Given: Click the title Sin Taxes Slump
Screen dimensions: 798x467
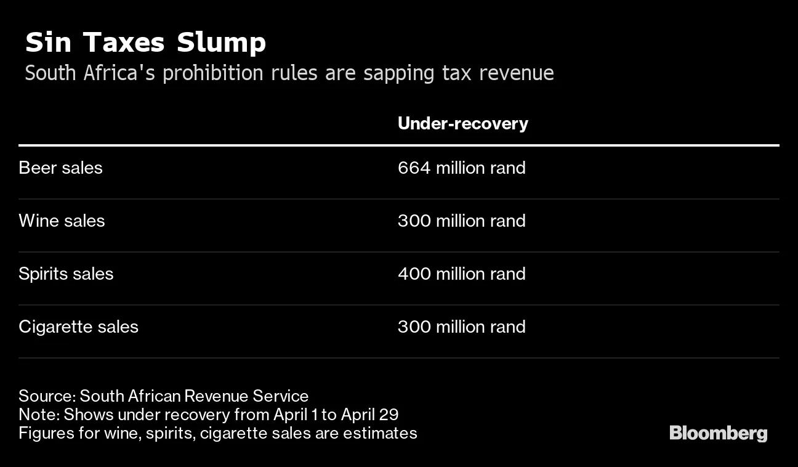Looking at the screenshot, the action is coord(146,43).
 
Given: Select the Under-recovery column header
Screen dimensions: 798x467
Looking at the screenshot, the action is coord(463,124).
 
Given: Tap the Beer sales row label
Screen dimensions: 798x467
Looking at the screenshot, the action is coord(60,168).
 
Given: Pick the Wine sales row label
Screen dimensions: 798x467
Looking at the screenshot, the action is coord(62,221).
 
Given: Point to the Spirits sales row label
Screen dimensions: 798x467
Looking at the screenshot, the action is coord(66,274).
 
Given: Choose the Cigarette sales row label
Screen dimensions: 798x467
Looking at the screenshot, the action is coord(78,327).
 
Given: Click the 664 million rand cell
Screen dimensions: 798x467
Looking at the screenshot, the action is coord(462,168).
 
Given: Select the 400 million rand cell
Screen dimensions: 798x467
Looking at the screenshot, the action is coord(462,274).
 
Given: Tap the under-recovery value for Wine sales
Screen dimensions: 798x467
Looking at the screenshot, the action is coord(462,221).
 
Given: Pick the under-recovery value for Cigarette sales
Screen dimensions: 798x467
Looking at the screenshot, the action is coord(462,327).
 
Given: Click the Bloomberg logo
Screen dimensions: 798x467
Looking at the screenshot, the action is coord(718,434).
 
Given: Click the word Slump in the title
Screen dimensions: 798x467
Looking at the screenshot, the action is coord(221,43).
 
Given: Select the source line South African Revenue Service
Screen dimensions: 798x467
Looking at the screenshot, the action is coord(194,396).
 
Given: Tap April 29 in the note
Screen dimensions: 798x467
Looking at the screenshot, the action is coord(370,415).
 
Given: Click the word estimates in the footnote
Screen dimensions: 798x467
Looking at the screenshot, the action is coord(380,434).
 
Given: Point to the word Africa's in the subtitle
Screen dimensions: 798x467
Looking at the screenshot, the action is coord(119,73).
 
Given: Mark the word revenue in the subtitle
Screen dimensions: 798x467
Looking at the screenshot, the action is coord(517,73).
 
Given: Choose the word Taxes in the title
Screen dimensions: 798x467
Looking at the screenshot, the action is coord(124,43).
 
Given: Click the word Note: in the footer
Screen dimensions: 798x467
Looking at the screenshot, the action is coord(39,415).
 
